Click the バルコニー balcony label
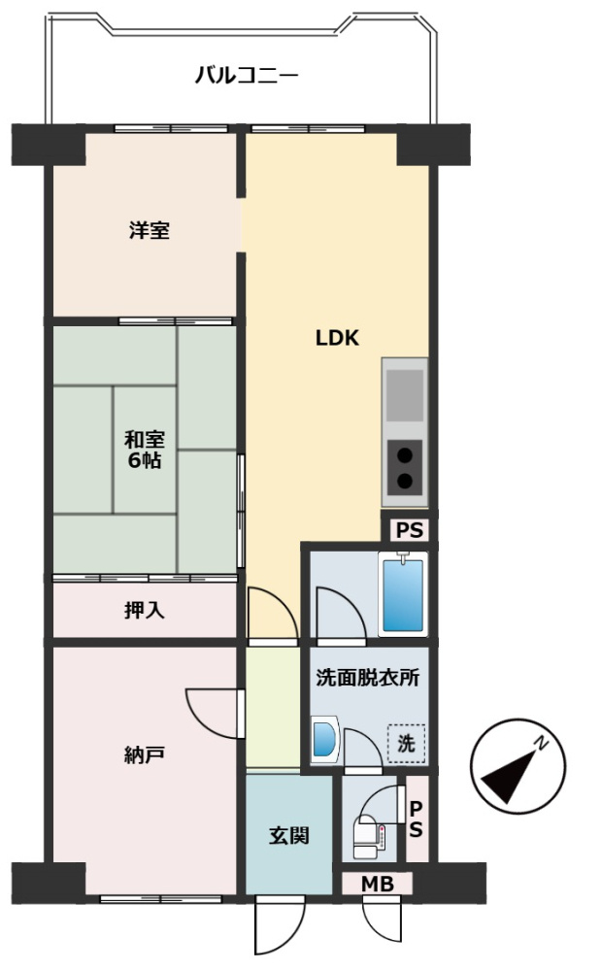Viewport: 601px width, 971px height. (x=246, y=75)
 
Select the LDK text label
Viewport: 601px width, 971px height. (x=337, y=338)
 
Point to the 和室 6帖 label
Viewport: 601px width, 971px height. (x=144, y=448)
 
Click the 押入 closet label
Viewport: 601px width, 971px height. (x=145, y=610)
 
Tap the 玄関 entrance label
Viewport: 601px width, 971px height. (x=288, y=834)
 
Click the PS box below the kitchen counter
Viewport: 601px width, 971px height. (x=408, y=530)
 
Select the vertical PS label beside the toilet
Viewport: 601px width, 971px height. (x=416, y=819)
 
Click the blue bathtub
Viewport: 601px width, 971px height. (x=401, y=594)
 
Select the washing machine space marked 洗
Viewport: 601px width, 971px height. (x=407, y=745)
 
